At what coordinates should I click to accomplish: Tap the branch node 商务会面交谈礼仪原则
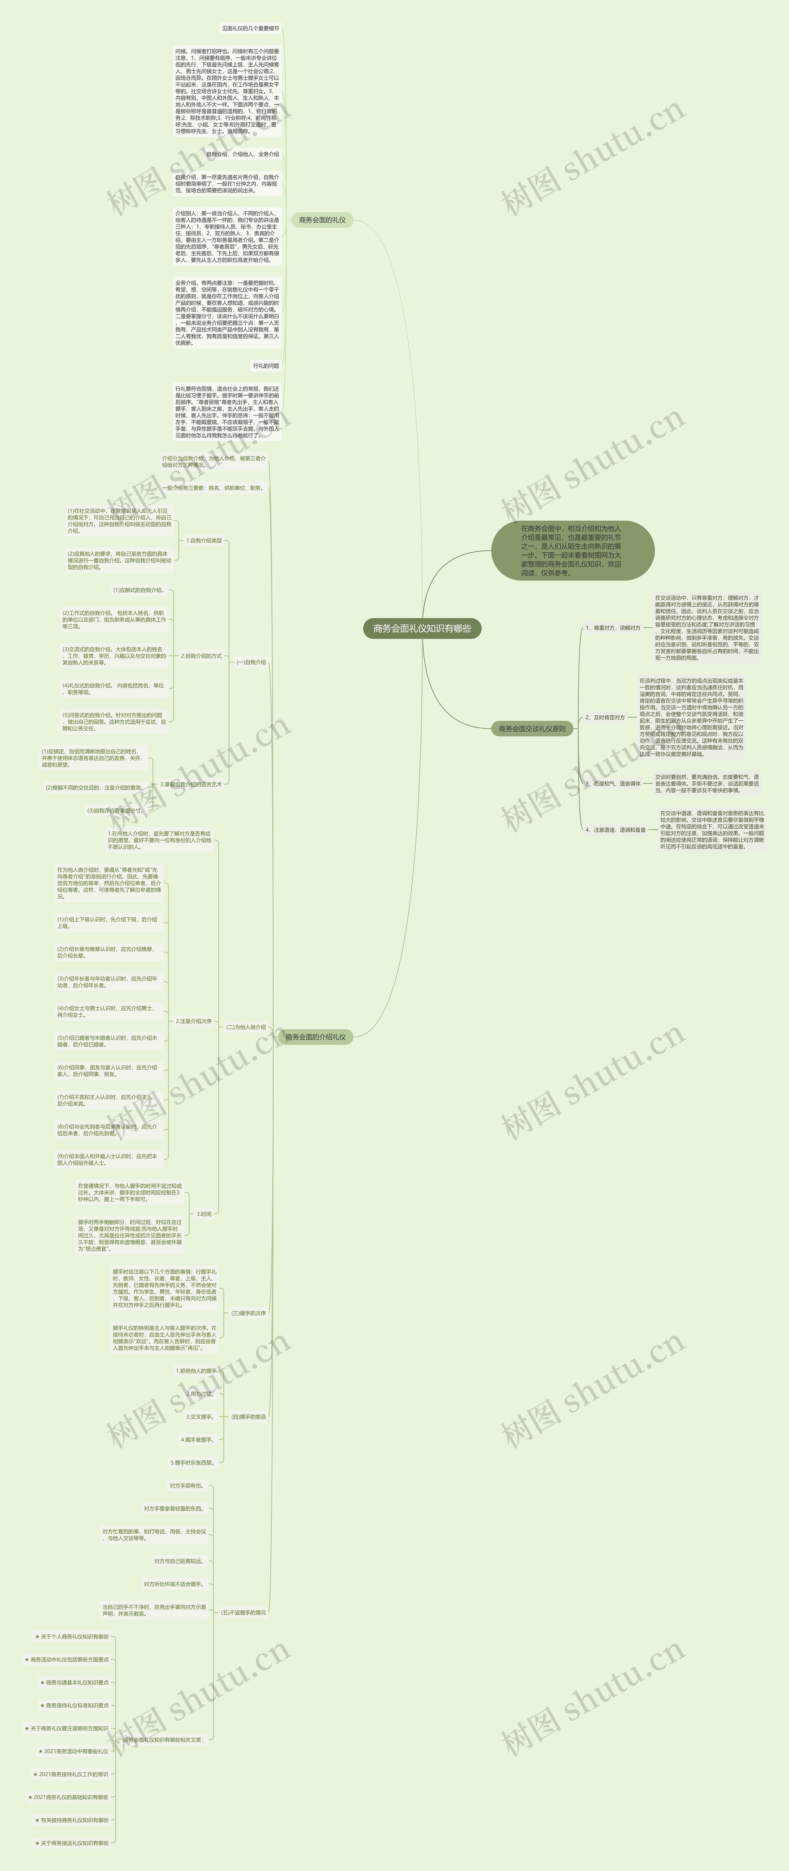tap(532, 729)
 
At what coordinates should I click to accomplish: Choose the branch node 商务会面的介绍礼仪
tap(315, 1037)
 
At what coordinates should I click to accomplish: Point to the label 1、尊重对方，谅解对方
tap(612, 628)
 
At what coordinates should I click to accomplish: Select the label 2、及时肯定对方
tap(605, 718)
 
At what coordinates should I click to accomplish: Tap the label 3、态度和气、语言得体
tap(612, 784)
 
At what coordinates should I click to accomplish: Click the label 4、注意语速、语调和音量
tap(615, 829)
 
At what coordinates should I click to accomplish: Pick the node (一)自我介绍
tap(251, 662)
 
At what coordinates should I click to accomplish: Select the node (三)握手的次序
tap(248, 1313)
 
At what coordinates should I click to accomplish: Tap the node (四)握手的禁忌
tap(248, 1416)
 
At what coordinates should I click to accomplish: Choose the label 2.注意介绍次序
tap(193, 1021)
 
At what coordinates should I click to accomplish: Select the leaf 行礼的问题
tap(266, 366)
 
